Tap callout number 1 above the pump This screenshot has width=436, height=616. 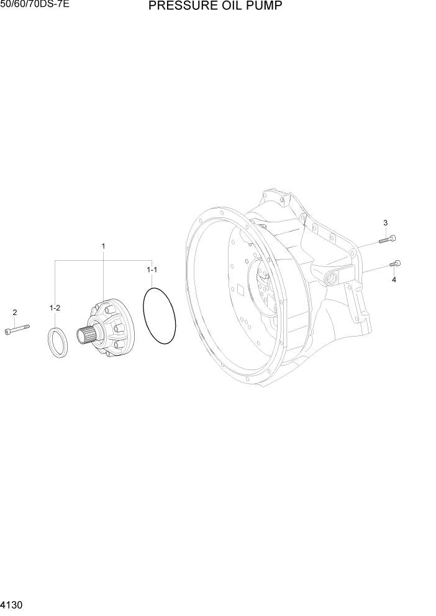[x=103, y=247]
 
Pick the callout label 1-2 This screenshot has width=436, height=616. [x=55, y=308]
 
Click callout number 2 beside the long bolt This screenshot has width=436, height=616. [x=15, y=312]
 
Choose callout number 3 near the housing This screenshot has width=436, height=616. [x=385, y=223]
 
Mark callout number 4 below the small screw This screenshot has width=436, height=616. [x=393, y=279]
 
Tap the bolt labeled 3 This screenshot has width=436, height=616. [x=387, y=238]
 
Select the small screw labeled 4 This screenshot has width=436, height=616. [x=395, y=264]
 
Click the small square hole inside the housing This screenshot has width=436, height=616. [x=238, y=289]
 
